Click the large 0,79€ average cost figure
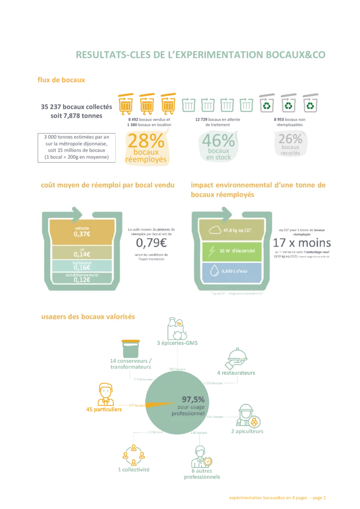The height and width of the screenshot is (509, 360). click(151, 243)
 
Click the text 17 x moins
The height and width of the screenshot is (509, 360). click(302, 244)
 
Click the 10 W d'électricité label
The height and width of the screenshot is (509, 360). click(237, 251)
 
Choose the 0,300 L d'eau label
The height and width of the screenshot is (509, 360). click(238, 271)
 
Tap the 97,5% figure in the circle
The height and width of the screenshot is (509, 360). click(192, 399)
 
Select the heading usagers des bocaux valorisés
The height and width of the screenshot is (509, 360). click(88, 317)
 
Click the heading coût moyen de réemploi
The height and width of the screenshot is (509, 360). click(107, 185)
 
